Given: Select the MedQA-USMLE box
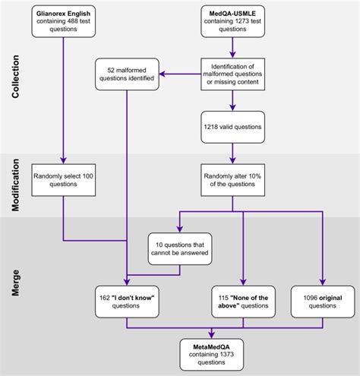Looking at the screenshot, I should [x=232, y=22].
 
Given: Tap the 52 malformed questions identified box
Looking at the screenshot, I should [x=126, y=73].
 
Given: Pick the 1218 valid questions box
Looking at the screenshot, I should [x=232, y=126].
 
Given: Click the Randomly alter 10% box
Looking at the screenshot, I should [x=232, y=181].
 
